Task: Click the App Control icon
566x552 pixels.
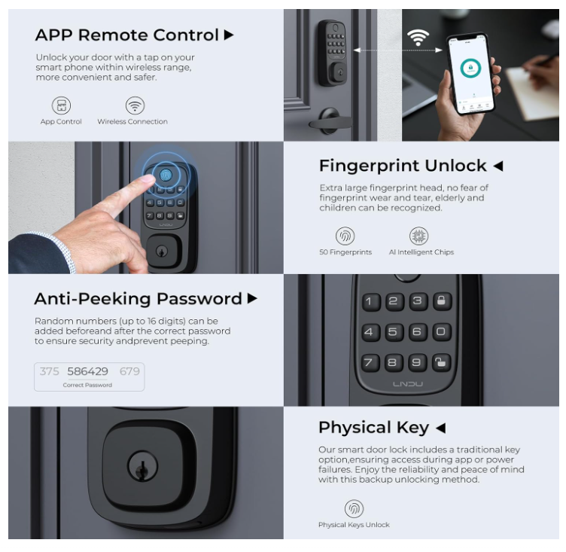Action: point(62,105)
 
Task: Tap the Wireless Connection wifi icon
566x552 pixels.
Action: point(135,105)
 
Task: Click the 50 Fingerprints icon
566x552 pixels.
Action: point(345,236)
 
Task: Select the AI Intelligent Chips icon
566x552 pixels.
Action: point(418,236)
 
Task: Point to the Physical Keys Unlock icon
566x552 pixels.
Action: point(354,508)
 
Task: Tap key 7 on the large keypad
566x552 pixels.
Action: point(370,362)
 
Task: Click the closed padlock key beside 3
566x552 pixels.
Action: point(442,301)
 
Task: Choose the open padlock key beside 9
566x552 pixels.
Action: point(441,362)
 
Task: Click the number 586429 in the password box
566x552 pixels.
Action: point(88,371)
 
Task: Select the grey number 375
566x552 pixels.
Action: point(49,371)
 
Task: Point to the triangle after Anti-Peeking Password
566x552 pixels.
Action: point(252,298)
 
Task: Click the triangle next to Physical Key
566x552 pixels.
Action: point(441,428)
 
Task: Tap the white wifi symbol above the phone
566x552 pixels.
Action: point(418,38)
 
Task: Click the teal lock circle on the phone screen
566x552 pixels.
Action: point(470,68)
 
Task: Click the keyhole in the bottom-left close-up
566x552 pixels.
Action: point(142,466)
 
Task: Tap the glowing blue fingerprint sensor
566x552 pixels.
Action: point(166,175)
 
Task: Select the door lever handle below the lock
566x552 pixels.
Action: point(330,121)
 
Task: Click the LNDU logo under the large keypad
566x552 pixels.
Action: point(407,384)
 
